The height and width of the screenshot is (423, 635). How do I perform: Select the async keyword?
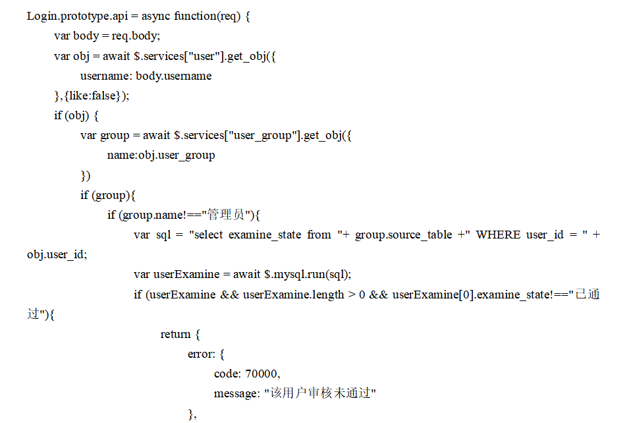156,16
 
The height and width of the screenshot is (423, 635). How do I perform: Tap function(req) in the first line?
206,16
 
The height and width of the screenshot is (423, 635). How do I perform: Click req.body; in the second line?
136,36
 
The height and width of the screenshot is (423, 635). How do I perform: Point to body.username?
174,76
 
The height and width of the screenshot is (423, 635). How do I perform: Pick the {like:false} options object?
94,96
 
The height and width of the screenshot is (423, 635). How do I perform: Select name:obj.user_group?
161,155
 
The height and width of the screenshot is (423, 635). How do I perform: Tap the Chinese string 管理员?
227,215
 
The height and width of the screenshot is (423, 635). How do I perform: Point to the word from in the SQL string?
319,235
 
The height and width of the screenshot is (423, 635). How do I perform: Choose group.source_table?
404,235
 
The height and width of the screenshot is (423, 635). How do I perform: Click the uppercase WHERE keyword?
497,235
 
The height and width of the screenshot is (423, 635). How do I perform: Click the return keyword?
175,335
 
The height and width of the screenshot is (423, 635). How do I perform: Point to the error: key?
202,354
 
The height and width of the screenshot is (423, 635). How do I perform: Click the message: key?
237,394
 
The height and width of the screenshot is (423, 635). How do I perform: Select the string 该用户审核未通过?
320,394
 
